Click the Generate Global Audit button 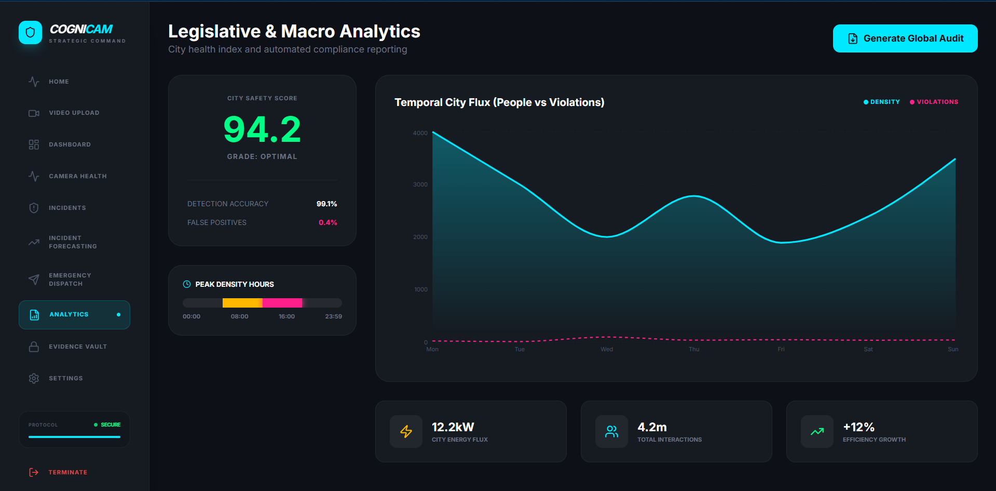905,38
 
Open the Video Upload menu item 74,113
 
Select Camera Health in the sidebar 77,176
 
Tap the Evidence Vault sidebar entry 77,347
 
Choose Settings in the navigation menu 65,378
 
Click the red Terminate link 67,472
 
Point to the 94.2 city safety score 262,129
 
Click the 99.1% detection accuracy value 326,204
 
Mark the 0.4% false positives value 328,222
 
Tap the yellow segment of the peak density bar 242,303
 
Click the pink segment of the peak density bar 282,303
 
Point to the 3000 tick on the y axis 420,184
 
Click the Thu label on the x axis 694,349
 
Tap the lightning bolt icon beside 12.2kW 406,431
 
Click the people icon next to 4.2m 611,431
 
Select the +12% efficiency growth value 858,427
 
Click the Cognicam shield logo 30,33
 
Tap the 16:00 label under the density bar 286,316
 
